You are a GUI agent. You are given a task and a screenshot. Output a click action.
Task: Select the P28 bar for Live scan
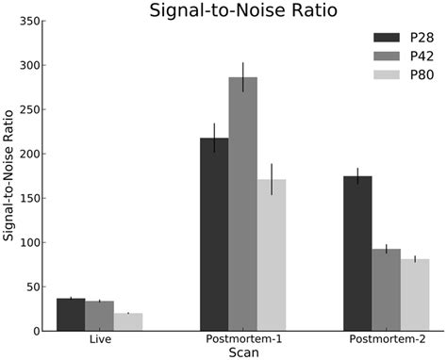(71, 315)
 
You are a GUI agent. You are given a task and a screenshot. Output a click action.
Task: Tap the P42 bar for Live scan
(99, 317)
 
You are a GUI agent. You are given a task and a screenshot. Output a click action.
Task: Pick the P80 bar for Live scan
(127, 322)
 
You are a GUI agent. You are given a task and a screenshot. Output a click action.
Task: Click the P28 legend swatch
(387, 38)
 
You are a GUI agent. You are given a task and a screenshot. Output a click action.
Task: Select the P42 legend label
(422, 57)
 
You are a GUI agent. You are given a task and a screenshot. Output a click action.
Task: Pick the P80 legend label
(422, 75)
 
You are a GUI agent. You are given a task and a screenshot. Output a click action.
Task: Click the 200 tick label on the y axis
(30, 154)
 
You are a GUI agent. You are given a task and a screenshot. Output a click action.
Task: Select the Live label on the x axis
(99, 338)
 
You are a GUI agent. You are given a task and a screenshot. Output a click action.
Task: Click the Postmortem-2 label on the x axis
(386, 338)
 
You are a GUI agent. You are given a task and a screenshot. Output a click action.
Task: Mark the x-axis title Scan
(242, 351)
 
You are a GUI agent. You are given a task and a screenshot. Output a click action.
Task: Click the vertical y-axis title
(9, 176)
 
